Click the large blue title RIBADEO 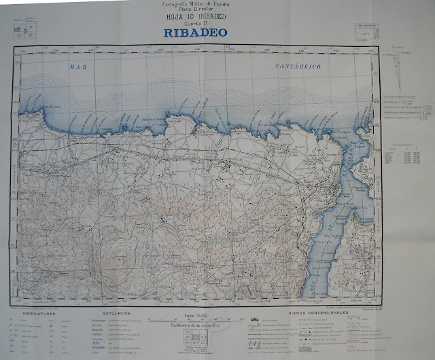(195, 32)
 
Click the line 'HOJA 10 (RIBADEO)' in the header (195, 17)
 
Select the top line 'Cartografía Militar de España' (195, 4)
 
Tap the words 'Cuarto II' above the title (195, 23)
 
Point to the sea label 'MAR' (80, 67)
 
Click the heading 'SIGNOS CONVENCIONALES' (318, 313)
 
